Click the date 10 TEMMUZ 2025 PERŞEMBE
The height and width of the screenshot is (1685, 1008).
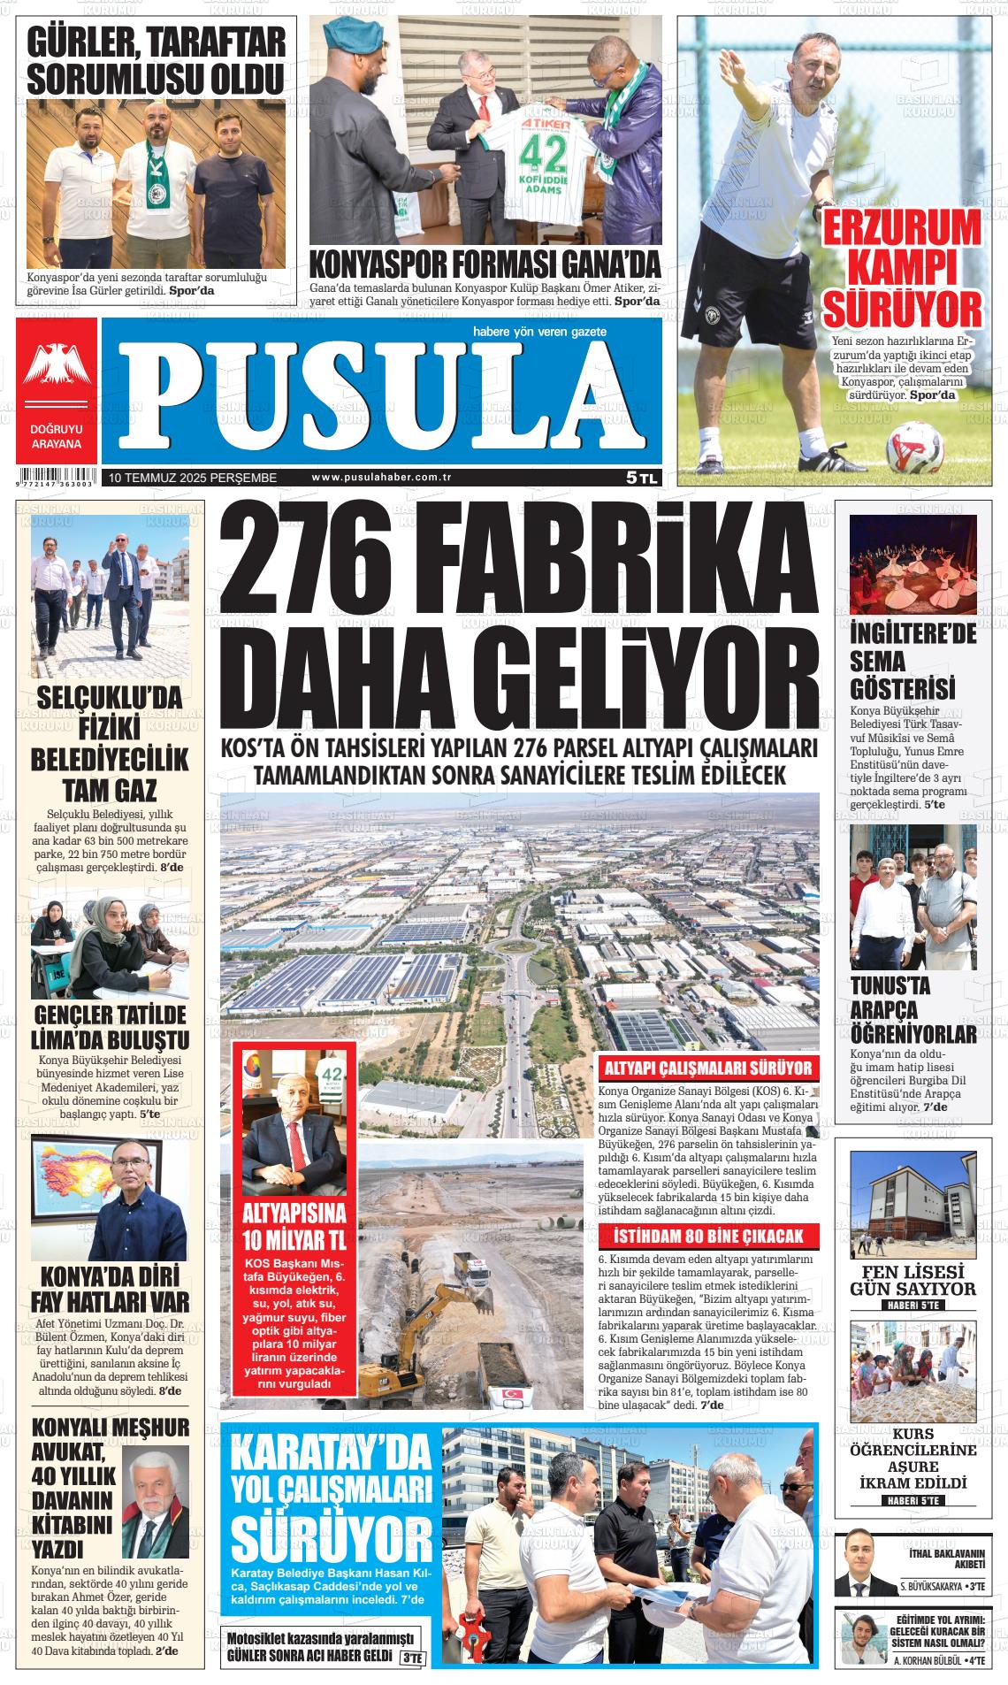coord(193,478)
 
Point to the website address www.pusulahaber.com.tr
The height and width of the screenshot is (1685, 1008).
coord(382,478)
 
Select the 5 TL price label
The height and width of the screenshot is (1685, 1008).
coord(642,478)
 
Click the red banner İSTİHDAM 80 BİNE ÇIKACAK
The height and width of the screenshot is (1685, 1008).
coord(708,1235)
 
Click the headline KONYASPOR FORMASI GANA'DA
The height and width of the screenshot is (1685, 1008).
coord(485,264)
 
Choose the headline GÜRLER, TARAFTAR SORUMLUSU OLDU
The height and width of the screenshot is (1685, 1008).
coord(156,60)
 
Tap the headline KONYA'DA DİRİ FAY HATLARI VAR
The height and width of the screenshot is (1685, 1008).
coord(111,1290)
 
